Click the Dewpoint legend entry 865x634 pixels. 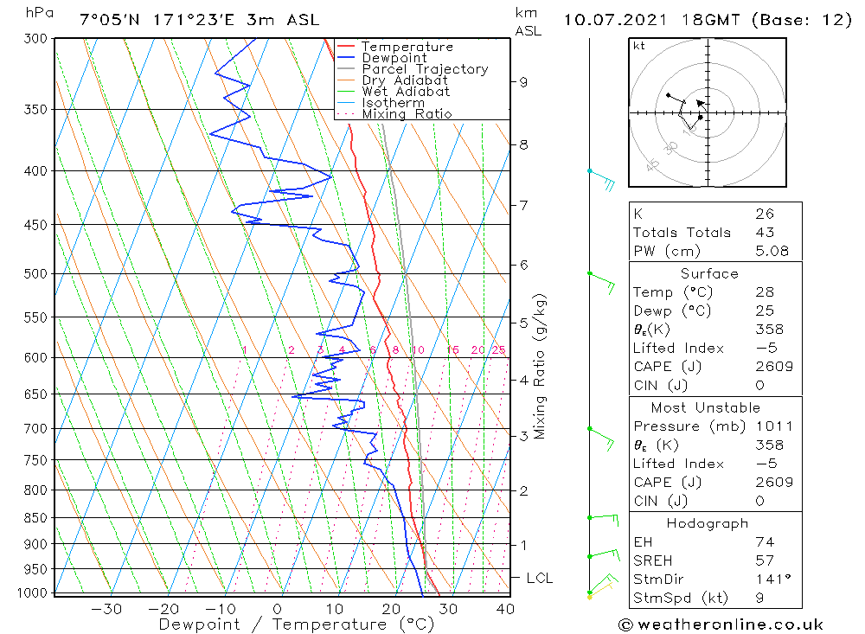click(394, 58)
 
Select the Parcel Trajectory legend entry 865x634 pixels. click(425, 69)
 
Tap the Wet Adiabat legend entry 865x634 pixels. click(406, 92)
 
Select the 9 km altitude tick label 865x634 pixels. click(523, 82)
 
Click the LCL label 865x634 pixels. click(539, 578)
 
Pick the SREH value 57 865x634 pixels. click(765, 560)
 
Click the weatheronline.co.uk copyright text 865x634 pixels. click(721, 624)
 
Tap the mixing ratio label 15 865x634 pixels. click(452, 350)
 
